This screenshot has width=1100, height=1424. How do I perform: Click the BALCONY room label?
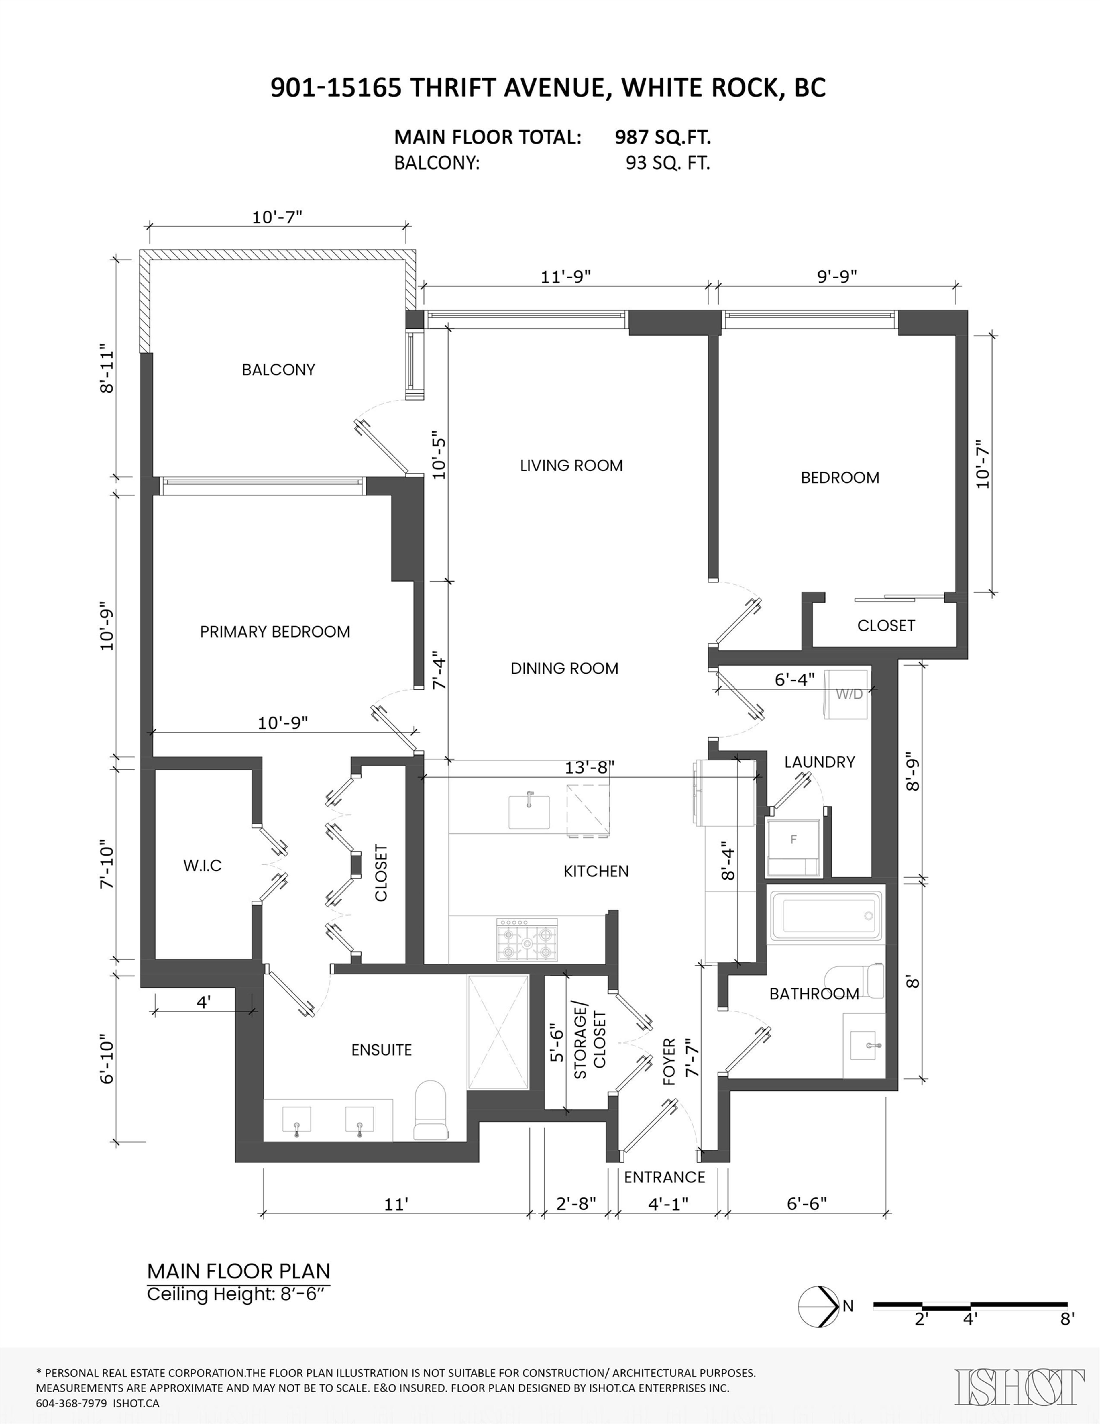point(278,370)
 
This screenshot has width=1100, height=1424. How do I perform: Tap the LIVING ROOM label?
point(571,466)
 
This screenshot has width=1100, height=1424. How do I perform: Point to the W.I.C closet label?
point(202,866)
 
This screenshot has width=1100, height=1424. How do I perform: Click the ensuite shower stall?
point(498,1032)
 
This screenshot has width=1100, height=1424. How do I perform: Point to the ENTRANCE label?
point(664,1177)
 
